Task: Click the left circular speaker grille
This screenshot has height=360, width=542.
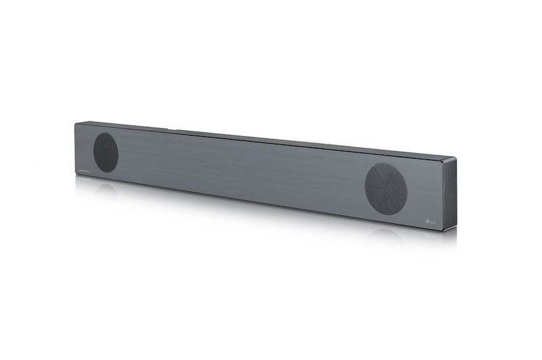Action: pos(105,153)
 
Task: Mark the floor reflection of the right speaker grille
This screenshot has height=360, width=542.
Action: pos(386,234)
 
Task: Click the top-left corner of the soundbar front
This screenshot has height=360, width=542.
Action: pos(75,123)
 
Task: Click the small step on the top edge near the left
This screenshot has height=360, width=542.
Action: pos(168,127)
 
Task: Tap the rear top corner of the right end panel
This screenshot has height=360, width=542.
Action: pos(456,159)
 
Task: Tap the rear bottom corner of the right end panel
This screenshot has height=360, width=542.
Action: pos(455,226)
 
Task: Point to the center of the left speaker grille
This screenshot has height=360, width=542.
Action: pos(105,153)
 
